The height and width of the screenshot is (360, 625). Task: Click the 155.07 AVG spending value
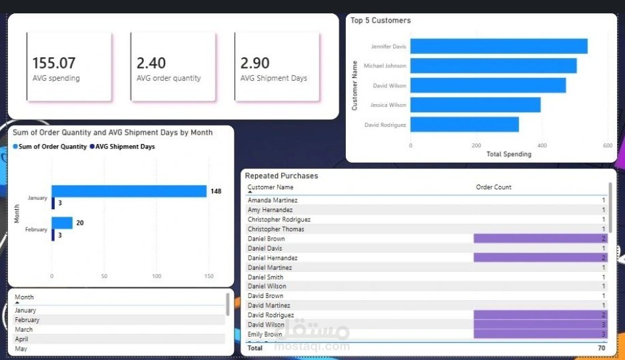coord(54,63)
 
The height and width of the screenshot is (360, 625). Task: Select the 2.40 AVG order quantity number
coord(151,63)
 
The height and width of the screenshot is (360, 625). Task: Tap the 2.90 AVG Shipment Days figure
coord(255,63)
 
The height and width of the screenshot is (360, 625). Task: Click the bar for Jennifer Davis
coord(498,46)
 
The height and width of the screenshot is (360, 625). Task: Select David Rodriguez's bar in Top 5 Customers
coord(464,125)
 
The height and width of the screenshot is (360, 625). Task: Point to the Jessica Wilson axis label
coord(388,105)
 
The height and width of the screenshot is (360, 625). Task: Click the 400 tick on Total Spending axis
coord(541,145)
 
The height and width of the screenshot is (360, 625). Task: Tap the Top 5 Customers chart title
coord(380,21)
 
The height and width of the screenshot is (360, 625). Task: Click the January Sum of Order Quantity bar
coord(129,191)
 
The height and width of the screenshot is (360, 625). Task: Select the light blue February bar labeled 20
coord(62,223)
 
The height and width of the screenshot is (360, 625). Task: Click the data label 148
coord(215,191)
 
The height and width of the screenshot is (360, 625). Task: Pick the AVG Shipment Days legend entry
coord(125,147)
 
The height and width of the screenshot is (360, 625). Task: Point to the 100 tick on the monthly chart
coord(157,276)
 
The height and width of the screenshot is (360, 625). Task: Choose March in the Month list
coord(24,329)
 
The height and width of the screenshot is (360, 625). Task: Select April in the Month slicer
coord(23,339)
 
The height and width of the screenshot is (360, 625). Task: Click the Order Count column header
coord(494,187)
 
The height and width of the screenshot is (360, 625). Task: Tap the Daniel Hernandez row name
coord(273,258)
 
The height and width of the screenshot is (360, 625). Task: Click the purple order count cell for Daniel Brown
coord(540,239)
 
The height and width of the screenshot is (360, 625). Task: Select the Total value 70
coord(601,348)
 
